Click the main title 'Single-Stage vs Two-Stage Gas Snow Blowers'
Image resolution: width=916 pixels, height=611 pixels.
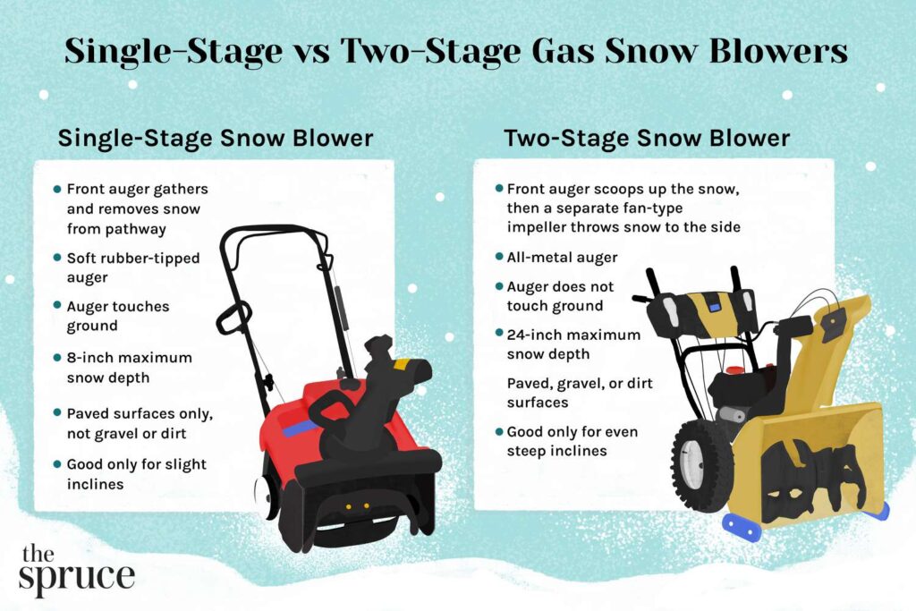tap(456, 51)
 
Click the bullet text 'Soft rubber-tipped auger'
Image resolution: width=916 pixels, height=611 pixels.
tap(133, 267)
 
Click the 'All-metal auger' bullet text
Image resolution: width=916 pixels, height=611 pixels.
tap(562, 257)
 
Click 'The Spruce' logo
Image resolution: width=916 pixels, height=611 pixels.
tap(75, 567)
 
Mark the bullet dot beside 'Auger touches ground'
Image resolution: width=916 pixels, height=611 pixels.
tap(57, 307)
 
